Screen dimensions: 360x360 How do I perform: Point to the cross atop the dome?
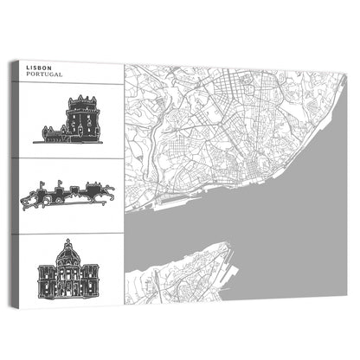(x=69, y=241)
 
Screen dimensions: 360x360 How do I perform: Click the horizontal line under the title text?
(x=71, y=82)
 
